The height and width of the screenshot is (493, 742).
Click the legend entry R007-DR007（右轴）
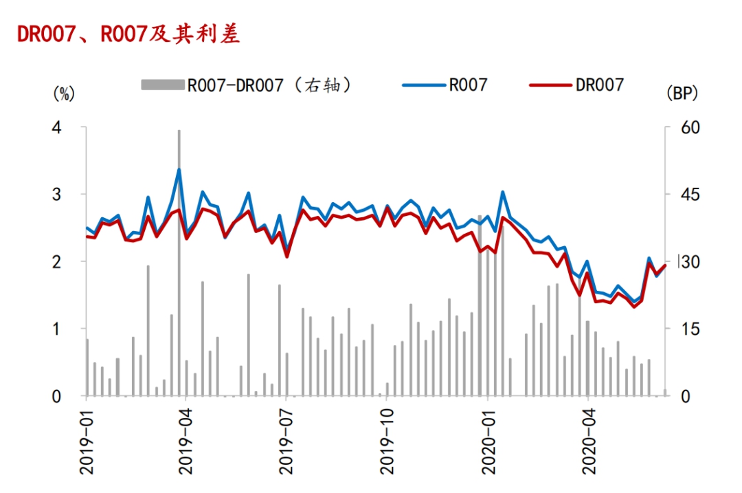(247, 85)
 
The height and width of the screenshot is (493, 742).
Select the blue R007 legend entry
(447, 85)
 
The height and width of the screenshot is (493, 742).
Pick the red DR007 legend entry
(577, 85)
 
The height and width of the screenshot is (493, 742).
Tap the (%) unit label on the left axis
(63, 94)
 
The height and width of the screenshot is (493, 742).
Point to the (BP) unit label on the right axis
(682, 94)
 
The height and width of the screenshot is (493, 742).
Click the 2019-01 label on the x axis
(87, 440)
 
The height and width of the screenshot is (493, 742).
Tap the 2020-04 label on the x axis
(588, 440)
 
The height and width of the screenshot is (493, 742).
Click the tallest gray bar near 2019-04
(179, 261)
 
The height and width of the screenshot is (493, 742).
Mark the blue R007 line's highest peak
(179, 169)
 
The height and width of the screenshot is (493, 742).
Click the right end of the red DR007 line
(664, 266)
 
